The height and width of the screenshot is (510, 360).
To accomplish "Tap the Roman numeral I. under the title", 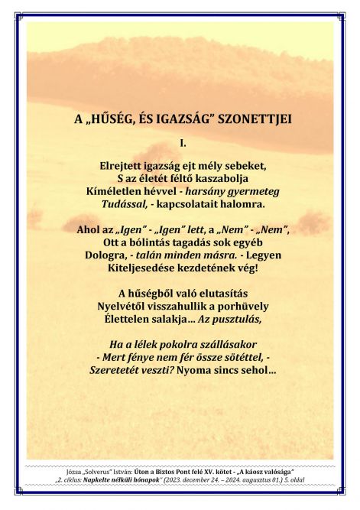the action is (182, 142).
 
